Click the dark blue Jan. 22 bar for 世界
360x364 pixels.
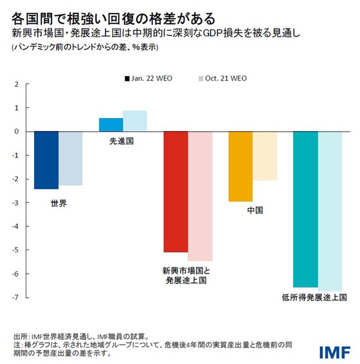point(46,160)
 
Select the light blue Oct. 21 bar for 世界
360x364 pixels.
point(71,158)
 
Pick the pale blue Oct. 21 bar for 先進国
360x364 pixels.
point(135,121)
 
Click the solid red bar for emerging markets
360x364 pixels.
point(176,192)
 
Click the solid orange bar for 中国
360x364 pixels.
point(240,167)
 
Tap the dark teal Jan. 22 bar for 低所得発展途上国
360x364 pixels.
point(305,209)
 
